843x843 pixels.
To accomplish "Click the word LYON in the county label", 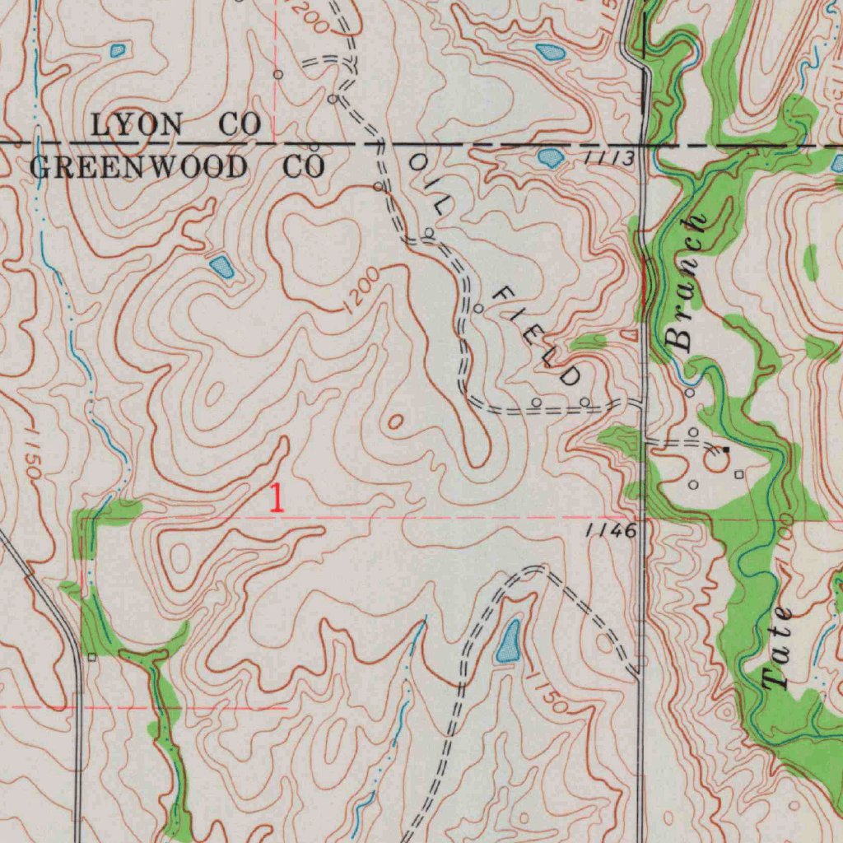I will click(137, 125).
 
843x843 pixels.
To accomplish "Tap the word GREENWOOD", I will click(137, 167).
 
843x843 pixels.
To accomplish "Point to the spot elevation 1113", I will click(611, 157).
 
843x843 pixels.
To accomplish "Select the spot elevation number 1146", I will click(611, 531).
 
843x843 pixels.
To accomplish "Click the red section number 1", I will click(277, 499).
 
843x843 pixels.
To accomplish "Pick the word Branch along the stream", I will click(687, 282).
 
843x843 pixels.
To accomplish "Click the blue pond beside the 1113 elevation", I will click(550, 157).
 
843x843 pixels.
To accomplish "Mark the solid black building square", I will click(725, 449).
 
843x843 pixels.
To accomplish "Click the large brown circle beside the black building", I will click(715, 462).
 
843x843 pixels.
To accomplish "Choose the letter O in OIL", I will click(418, 164).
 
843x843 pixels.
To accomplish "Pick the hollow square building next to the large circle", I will click(738, 474).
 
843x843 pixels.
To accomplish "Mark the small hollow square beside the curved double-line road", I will click(91, 657).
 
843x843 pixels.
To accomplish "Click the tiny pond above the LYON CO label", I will click(118, 51).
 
